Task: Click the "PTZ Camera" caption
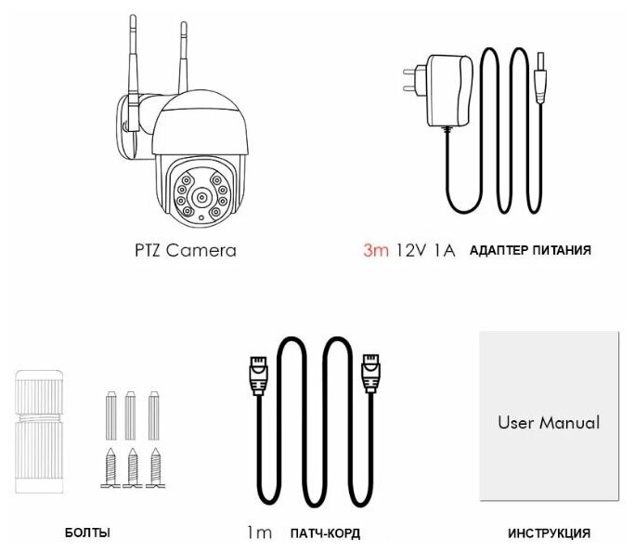point(181,250)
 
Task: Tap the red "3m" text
point(376,251)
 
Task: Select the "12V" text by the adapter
point(409,251)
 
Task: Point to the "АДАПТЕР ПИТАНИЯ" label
point(530,251)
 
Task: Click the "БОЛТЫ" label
point(87,533)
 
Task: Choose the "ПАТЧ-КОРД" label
point(324,533)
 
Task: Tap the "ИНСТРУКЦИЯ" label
point(549,533)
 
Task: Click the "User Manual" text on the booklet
point(549,423)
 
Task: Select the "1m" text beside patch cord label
point(259,533)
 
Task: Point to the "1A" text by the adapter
point(442,251)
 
